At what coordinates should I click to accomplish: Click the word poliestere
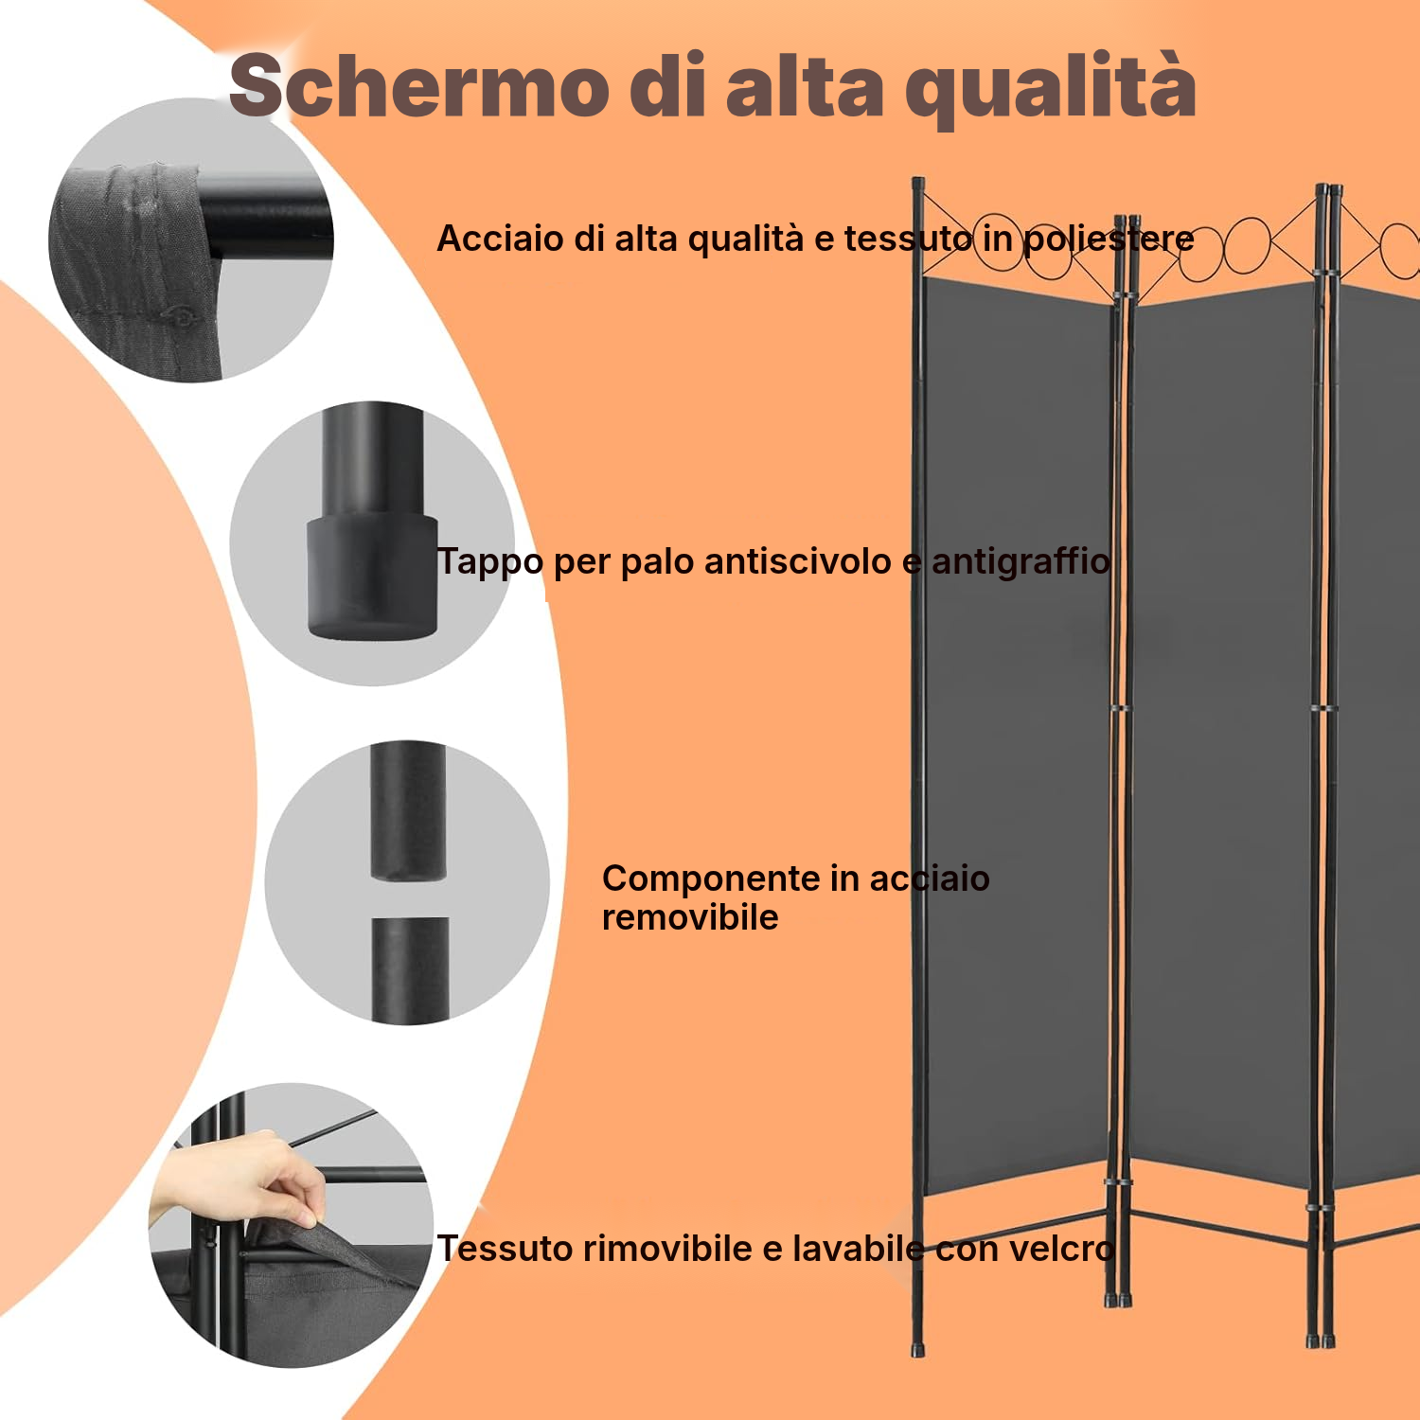click(1109, 240)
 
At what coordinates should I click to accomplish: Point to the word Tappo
click(490, 562)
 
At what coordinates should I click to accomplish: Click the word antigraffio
click(1021, 561)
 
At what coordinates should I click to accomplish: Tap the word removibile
click(690, 917)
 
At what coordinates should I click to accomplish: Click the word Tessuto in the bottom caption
click(503, 1249)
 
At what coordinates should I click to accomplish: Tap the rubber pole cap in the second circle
click(372, 576)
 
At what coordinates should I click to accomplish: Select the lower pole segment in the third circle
click(410, 970)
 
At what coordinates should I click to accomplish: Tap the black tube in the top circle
click(265, 233)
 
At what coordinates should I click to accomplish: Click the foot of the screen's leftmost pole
click(916, 1348)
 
